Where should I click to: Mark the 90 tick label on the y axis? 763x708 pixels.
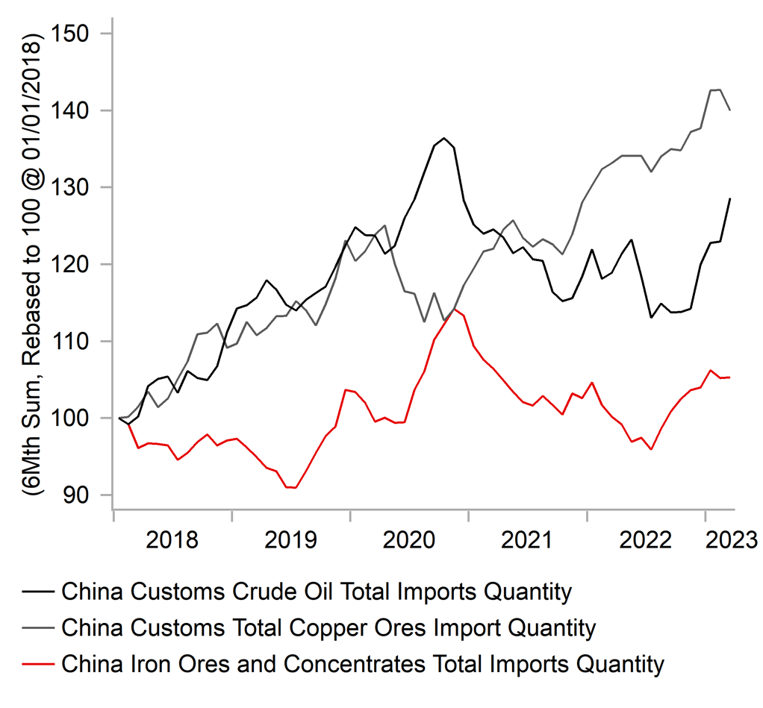75,495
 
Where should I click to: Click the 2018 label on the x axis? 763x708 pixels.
172,540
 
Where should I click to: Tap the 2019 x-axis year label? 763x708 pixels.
290,540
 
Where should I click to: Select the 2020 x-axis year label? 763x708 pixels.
409,540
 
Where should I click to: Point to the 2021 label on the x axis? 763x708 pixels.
527,540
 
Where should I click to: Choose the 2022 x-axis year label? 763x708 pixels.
645,540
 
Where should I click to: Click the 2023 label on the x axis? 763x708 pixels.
732,540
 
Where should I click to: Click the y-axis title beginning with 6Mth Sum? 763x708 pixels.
33,265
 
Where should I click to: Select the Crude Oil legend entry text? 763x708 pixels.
317,592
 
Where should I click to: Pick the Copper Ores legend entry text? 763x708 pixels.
329,627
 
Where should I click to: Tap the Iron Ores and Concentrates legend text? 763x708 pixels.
363,664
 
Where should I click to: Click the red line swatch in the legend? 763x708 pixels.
38,664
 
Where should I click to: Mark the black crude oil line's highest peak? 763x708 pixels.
443,138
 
